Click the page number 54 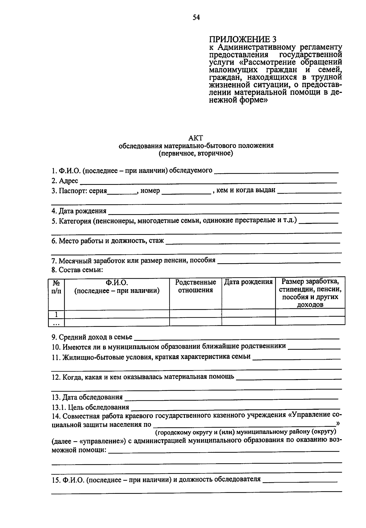pos(196,18)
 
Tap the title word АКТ pos(196,138)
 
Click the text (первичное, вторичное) pos(196,153)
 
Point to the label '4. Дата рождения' pos(79,211)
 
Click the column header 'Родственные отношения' pos(196,286)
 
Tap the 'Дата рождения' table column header pos(248,282)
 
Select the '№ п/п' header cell pos(56,287)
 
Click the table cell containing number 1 pos(56,314)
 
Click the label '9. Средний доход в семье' pos(92,337)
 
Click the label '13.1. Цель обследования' pos(90,407)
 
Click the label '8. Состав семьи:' pos(77,270)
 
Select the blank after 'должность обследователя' pos(300,480)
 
